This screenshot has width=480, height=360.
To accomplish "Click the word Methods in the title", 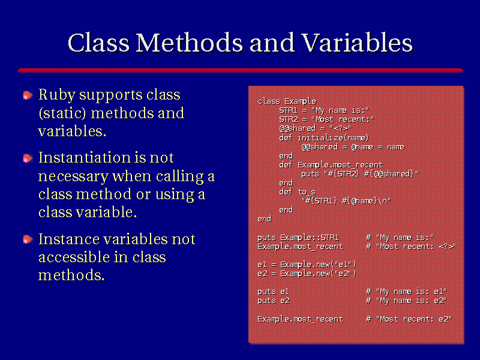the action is point(190,43).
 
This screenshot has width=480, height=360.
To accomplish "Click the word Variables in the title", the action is point(357,43).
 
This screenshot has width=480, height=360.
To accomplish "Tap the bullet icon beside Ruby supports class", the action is point(28,95).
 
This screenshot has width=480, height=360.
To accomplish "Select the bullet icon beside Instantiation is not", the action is point(28,158).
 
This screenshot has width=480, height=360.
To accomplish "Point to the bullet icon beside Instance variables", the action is point(28,239).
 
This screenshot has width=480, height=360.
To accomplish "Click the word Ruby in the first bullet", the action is point(56,95).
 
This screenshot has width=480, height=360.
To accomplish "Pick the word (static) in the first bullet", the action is point(62,113).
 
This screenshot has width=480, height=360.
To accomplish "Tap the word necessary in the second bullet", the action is point(73,176).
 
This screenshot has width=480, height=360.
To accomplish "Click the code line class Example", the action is point(287,101).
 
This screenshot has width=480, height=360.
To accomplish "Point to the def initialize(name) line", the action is point(324,138).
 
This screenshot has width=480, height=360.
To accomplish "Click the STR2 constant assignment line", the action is point(326,119).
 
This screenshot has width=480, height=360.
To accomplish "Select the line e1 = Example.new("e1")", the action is point(307,265).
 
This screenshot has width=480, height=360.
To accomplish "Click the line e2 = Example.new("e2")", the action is point(307,274).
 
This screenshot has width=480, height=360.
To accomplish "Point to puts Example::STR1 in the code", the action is point(298,238).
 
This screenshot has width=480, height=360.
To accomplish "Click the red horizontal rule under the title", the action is point(241,70).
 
